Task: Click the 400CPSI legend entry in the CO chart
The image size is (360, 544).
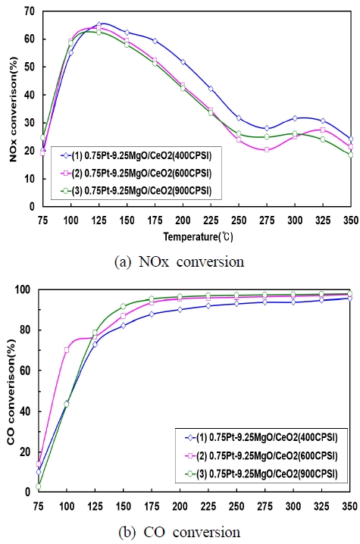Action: pyautogui.click(x=249, y=438)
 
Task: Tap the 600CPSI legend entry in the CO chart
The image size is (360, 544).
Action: pyautogui.click(x=249, y=456)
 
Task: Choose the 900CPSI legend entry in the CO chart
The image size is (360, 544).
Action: pyautogui.click(x=249, y=474)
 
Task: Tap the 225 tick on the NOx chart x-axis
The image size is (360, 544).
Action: pyautogui.click(x=210, y=217)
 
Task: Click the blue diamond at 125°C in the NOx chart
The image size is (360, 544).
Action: pyautogui.click(x=99, y=24)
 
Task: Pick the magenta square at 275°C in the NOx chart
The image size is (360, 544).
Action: pyautogui.click(x=267, y=150)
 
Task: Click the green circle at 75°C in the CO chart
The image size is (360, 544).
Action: pyautogui.click(x=39, y=486)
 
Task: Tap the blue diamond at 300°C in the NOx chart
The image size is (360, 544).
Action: pyautogui.click(x=295, y=118)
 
